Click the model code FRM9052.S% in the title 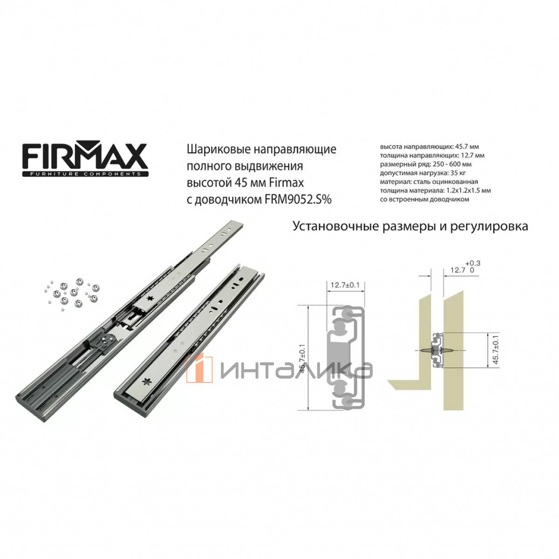pyautogui.click(x=298, y=200)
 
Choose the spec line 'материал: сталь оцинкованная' pyautogui.click(x=429, y=182)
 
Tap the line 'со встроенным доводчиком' pyautogui.click(x=424, y=199)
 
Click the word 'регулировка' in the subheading pyautogui.click(x=489, y=226)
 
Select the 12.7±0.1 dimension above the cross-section pyautogui.click(x=345, y=285)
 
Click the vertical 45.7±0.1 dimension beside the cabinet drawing pyautogui.click(x=496, y=350)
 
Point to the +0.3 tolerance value pyautogui.click(x=473, y=263)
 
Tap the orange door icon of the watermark pyautogui.click(x=199, y=369)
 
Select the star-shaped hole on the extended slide pyautogui.click(x=150, y=299)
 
